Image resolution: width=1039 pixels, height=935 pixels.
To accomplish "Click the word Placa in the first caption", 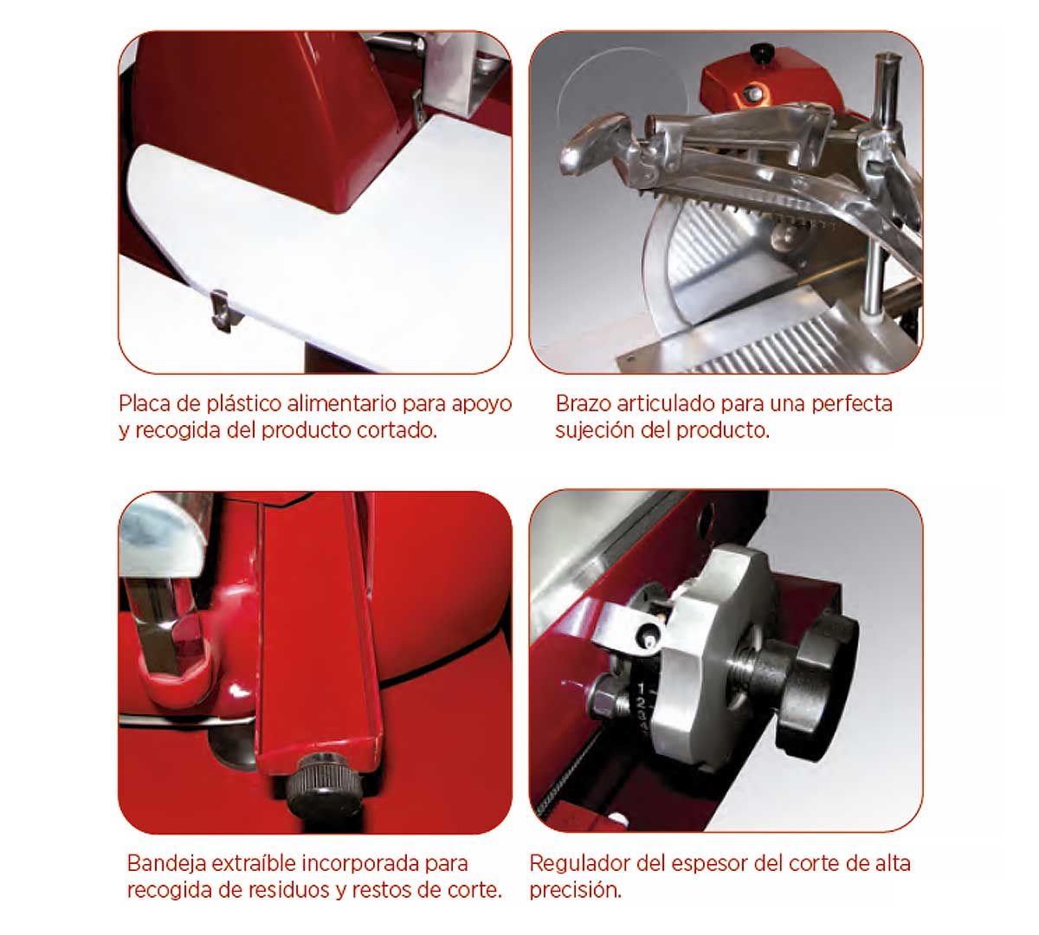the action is [x=145, y=403].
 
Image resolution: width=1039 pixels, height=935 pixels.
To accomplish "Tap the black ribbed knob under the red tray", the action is [x=323, y=784].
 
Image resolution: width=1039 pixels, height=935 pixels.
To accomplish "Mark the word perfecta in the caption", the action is [x=852, y=404].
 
